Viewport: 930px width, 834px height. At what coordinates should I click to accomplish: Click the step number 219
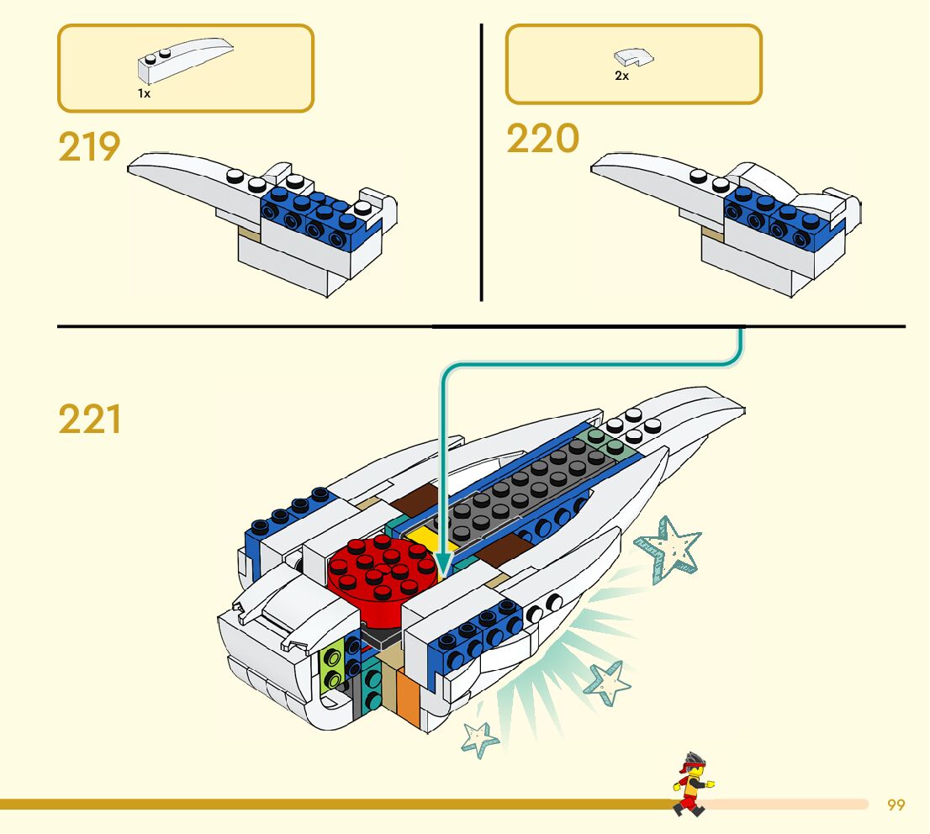coord(89,148)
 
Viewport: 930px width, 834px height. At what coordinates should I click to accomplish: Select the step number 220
coord(542,140)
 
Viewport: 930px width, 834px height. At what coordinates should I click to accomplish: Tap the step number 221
coord(89,420)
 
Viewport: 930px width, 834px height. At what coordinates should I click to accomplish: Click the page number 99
coord(896,805)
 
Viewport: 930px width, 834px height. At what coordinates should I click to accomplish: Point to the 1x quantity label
coord(144,94)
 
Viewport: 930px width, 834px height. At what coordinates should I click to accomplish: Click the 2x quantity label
coord(621,76)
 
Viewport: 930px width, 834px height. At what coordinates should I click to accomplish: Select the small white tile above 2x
coord(634,58)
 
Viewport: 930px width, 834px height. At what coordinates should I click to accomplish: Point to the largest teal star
coord(668,546)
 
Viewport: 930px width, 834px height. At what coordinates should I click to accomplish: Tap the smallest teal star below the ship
coord(480,737)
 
